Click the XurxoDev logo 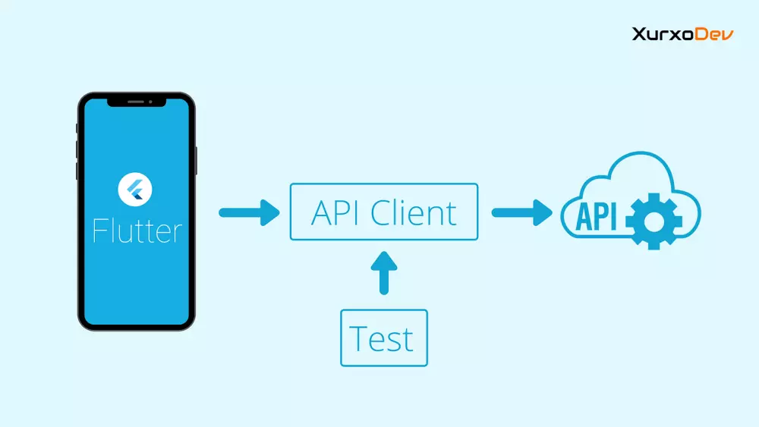click(x=682, y=34)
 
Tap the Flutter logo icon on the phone click(x=136, y=189)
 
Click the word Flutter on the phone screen click(x=137, y=230)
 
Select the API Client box click(x=384, y=212)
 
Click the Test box click(x=384, y=338)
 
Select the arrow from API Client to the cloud click(x=522, y=212)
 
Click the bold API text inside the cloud click(x=597, y=217)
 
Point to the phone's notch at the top click(x=137, y=101)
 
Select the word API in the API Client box click(x=335, y=213)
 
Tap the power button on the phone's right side click(x=197, y=160)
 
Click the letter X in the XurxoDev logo click(x=638, y=34)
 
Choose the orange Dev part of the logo click(x=716, y=34)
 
